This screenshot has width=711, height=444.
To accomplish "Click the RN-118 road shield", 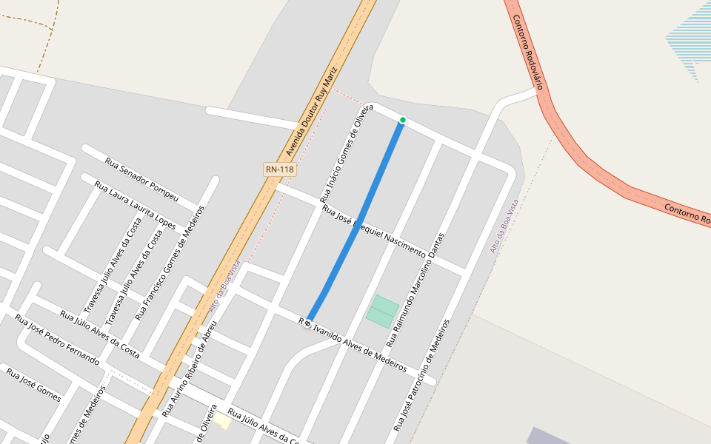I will click(x=280, y=169).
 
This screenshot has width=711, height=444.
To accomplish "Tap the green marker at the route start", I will click(x=403, y=120).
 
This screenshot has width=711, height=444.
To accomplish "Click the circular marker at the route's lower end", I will click(x=307, y=323).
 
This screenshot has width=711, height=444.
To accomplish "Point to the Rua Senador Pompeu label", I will click(x=141, y=179).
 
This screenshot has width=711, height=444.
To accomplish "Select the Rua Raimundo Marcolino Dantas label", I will click(x=415, y=290).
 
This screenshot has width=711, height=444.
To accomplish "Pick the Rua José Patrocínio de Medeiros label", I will click(x=421, y=375).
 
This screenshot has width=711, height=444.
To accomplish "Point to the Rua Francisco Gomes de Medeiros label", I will click(x=170, y=263).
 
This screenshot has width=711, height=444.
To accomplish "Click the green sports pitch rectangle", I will click(x=382, y=312).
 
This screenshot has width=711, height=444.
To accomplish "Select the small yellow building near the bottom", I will click(x=221, y=421).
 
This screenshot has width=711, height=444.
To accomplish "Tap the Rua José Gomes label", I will click(x=33, y=384).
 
